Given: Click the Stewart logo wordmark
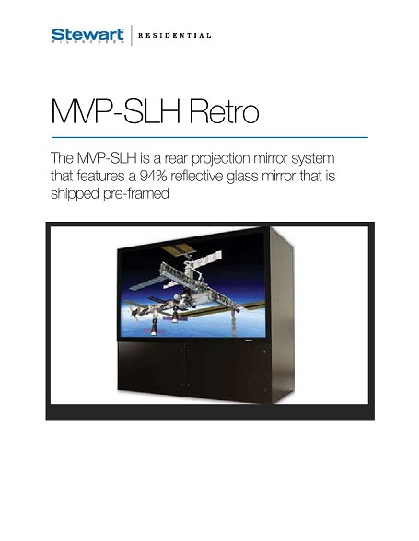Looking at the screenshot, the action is click(x=87, y=35).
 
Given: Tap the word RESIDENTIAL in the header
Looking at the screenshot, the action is click(x=174, y=36).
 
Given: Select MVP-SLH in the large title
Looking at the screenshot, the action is click(x=116, y=112).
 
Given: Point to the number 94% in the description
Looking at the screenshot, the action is click(x=154, y=176).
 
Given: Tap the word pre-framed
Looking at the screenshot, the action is click(x=136, y=194).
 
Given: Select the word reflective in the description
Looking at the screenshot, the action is click(x=197, y=176).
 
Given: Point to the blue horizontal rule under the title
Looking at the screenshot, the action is click(x=210, y=137).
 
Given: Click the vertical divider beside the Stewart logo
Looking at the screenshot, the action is click(x=132, y=35).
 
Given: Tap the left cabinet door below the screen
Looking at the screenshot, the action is click(x=151, y=368).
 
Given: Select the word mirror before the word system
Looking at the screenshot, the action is click(x=271, y=159).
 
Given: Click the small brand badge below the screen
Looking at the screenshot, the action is click(x=248, y=340).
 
